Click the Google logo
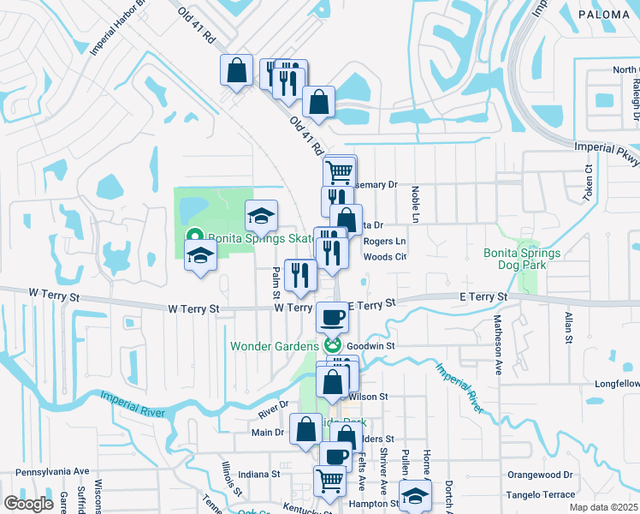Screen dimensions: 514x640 tap(28, 504)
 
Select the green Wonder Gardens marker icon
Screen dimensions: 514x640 tap(334, 346)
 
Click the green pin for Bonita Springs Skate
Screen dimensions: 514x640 tap(195, 237)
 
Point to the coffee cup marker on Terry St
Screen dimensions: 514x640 tap(333, 317)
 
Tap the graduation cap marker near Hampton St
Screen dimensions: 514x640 tap(415, 496)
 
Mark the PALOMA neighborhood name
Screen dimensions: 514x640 tap(604, 15)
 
